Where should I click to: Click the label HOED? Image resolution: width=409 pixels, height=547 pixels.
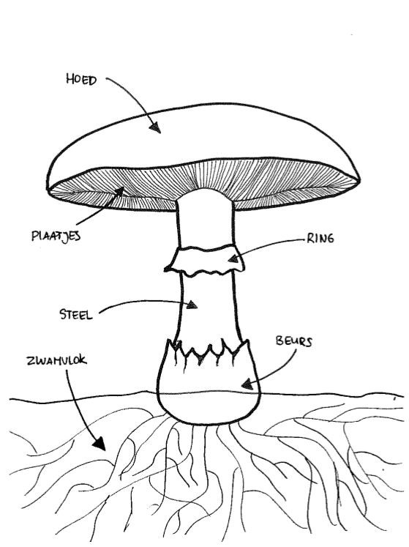coord(81,80)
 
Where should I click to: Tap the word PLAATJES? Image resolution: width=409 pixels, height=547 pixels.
coord(56,237)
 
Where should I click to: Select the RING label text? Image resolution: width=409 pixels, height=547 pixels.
coord(320,238)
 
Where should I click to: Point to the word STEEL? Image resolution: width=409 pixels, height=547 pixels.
coord(76,314)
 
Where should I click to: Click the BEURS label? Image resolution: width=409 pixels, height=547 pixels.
coord(294,341)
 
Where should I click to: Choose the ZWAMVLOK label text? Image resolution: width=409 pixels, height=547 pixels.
coord(56,360)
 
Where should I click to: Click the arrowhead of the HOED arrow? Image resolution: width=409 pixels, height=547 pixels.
coord(156,127)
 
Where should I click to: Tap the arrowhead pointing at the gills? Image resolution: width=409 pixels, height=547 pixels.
coord(119,192)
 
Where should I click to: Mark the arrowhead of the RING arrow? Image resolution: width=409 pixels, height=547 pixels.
coord(233,258)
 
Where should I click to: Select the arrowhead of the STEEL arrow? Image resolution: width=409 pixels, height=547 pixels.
coord(192,305)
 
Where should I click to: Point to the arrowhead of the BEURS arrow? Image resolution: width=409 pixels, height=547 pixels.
coord(247,384)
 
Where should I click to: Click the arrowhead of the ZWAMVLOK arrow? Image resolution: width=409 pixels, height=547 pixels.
coord(100,444)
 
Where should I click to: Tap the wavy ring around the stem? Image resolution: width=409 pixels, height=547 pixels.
coord(205,260)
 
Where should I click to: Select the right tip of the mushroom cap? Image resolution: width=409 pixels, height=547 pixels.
coord(359,179)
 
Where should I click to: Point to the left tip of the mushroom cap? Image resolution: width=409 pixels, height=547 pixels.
coord(48,189)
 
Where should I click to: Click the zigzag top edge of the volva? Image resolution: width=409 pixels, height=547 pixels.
coord(209,351)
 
